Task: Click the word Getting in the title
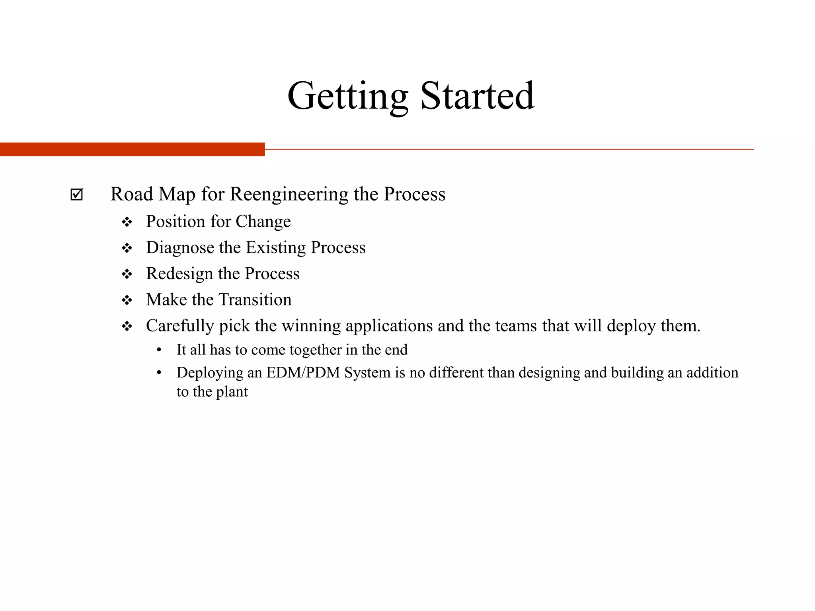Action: point(347,96)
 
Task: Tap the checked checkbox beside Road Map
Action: point(76,195)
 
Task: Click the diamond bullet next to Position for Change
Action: point(127,222)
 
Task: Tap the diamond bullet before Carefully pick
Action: point(127,327)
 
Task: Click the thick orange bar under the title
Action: point(132,149)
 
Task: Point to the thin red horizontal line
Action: point(509,149)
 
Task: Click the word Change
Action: point(263,222)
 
